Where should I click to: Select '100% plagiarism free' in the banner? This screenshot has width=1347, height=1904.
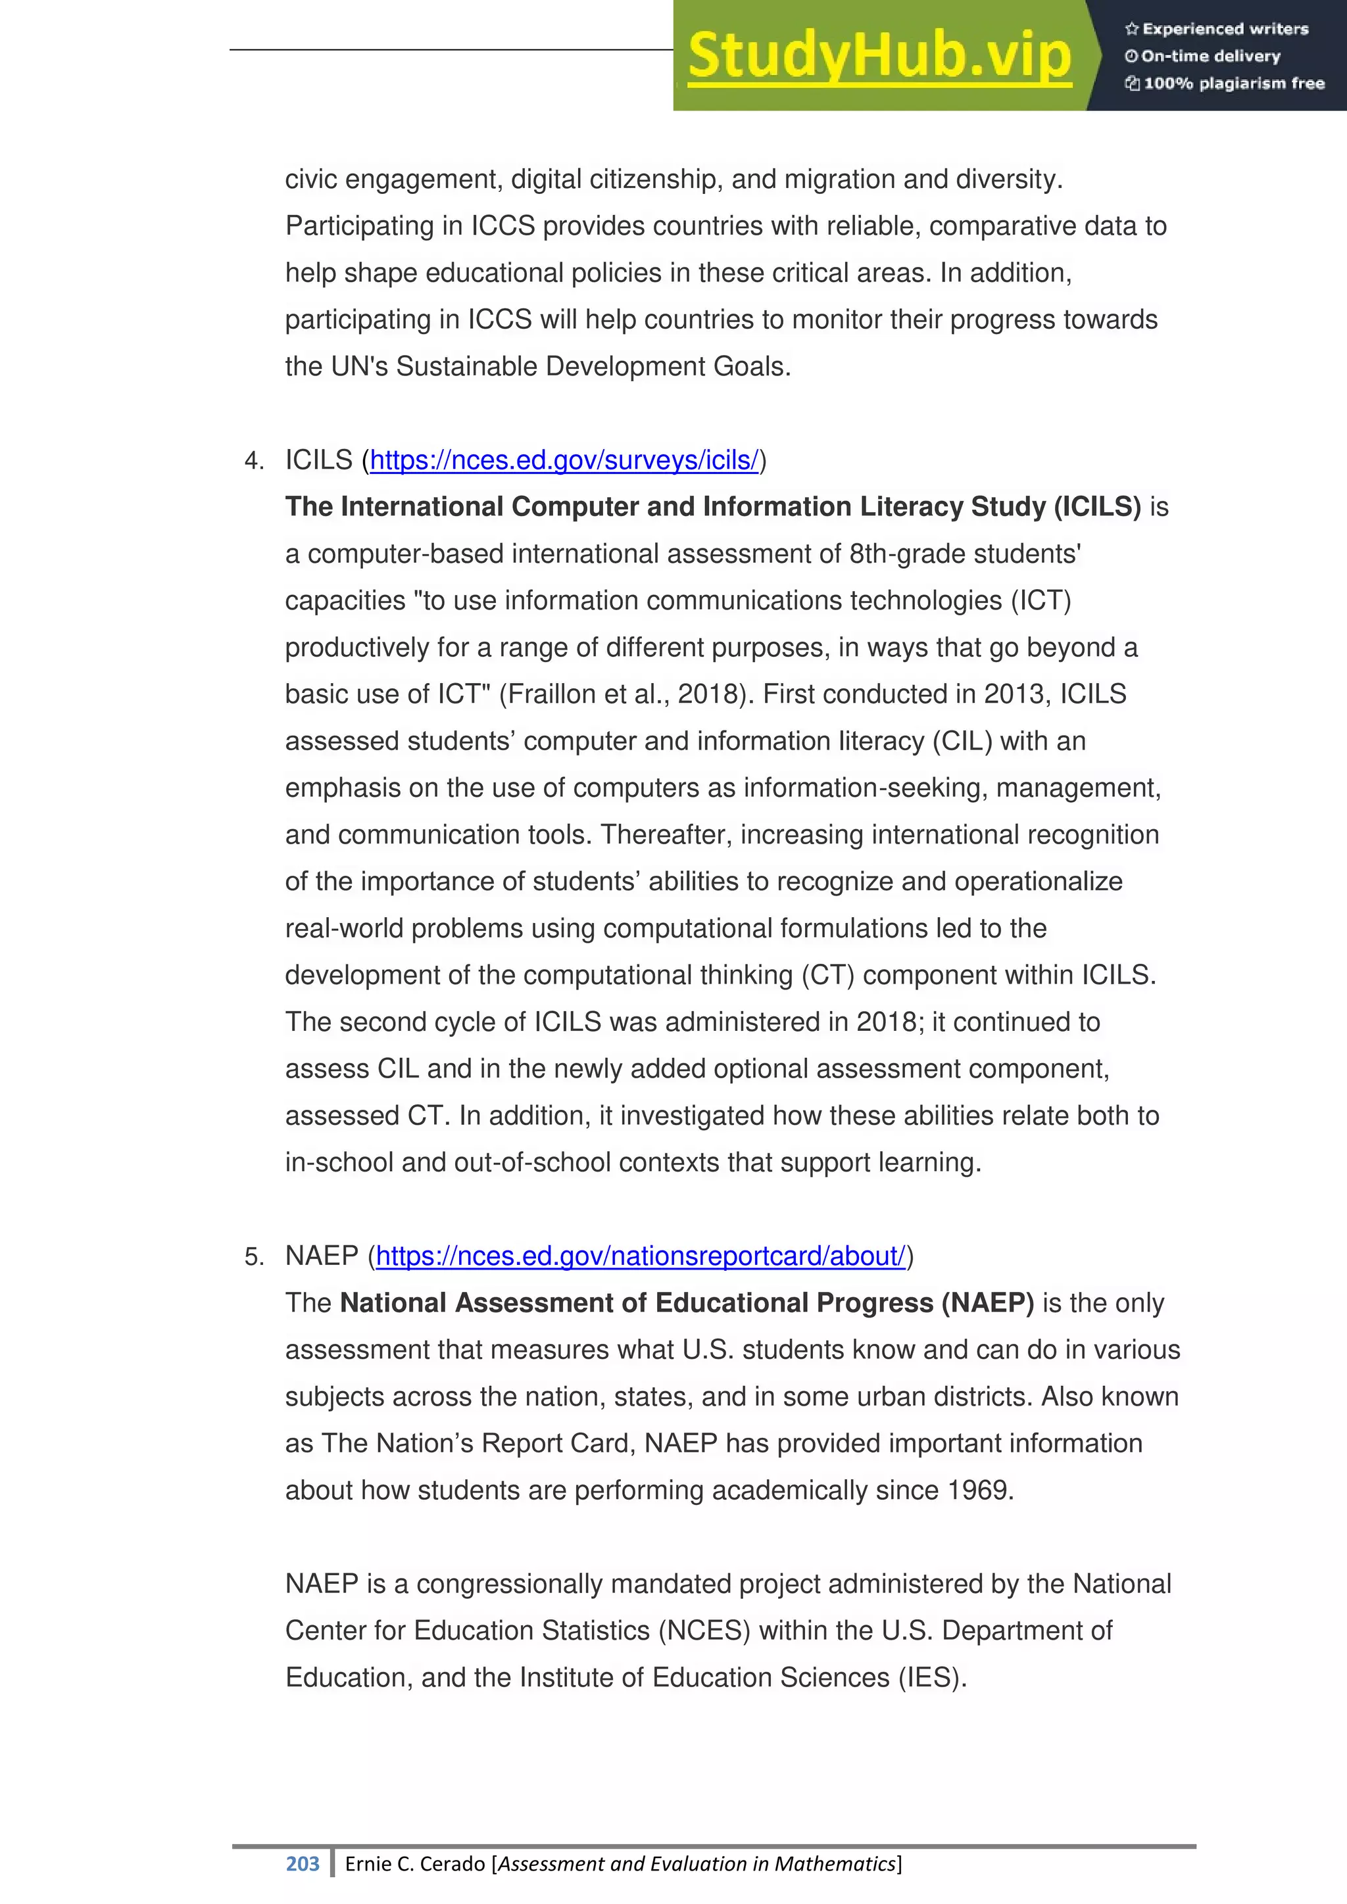(1233, 83)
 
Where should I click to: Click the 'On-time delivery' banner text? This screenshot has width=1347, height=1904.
(1210, 57)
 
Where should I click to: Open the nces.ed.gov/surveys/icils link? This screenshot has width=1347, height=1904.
(564, 460)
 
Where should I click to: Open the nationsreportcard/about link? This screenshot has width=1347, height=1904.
(641, 1256)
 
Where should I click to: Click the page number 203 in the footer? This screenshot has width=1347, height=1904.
(302, 1864)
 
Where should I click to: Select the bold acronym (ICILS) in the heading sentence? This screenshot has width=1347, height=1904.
(1097, 507)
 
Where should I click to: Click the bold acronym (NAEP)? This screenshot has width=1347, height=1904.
(987, 1303)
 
